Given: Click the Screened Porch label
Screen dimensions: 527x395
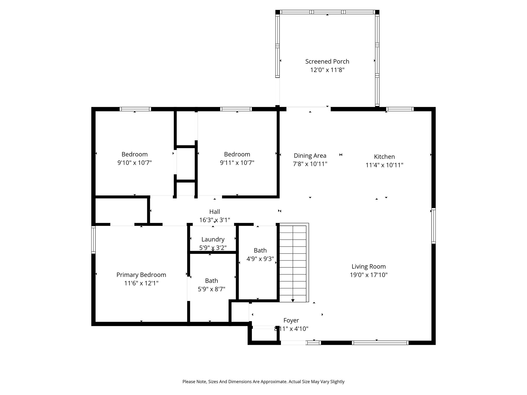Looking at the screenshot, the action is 327,61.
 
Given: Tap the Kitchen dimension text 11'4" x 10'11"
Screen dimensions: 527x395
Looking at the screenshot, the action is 384,165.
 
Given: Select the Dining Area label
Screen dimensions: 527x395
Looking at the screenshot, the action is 310,156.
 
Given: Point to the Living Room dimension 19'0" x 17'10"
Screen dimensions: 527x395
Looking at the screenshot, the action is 368,275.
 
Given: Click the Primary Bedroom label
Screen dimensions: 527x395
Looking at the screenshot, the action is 141,275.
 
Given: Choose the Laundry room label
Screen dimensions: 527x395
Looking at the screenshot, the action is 213,239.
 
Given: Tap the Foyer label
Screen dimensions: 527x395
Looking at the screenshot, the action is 291,320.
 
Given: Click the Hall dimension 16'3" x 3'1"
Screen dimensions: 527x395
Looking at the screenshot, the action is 215,220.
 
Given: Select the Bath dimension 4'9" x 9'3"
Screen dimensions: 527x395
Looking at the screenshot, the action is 260,259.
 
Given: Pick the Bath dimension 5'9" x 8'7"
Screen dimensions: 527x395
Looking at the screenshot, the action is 212,289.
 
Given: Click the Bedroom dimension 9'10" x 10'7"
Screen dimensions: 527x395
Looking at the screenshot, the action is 135,163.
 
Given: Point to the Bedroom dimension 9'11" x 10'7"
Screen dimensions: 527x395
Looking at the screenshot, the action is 237,163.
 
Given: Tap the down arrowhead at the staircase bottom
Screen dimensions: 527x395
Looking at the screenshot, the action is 293,300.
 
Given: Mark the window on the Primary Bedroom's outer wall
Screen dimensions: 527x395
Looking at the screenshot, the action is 93,240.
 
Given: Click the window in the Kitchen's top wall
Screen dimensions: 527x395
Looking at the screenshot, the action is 400,109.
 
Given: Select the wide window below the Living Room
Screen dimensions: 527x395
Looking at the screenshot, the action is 380,343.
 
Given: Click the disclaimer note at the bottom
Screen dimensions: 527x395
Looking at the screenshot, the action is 263,382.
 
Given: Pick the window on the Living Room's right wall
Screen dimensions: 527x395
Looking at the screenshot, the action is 433,226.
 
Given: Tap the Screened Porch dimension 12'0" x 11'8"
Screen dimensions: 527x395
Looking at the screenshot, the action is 327,70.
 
